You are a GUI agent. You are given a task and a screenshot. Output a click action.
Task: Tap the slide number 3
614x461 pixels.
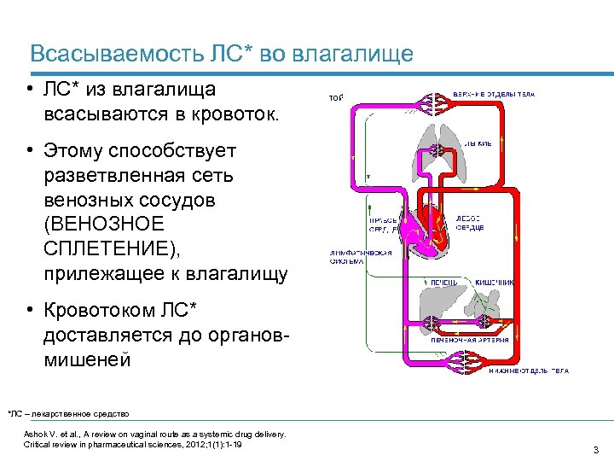[595, 449]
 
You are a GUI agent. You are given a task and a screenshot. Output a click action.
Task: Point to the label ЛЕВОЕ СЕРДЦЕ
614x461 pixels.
[471, 223]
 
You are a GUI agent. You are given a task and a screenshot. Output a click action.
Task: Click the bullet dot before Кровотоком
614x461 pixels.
[29, 307]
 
